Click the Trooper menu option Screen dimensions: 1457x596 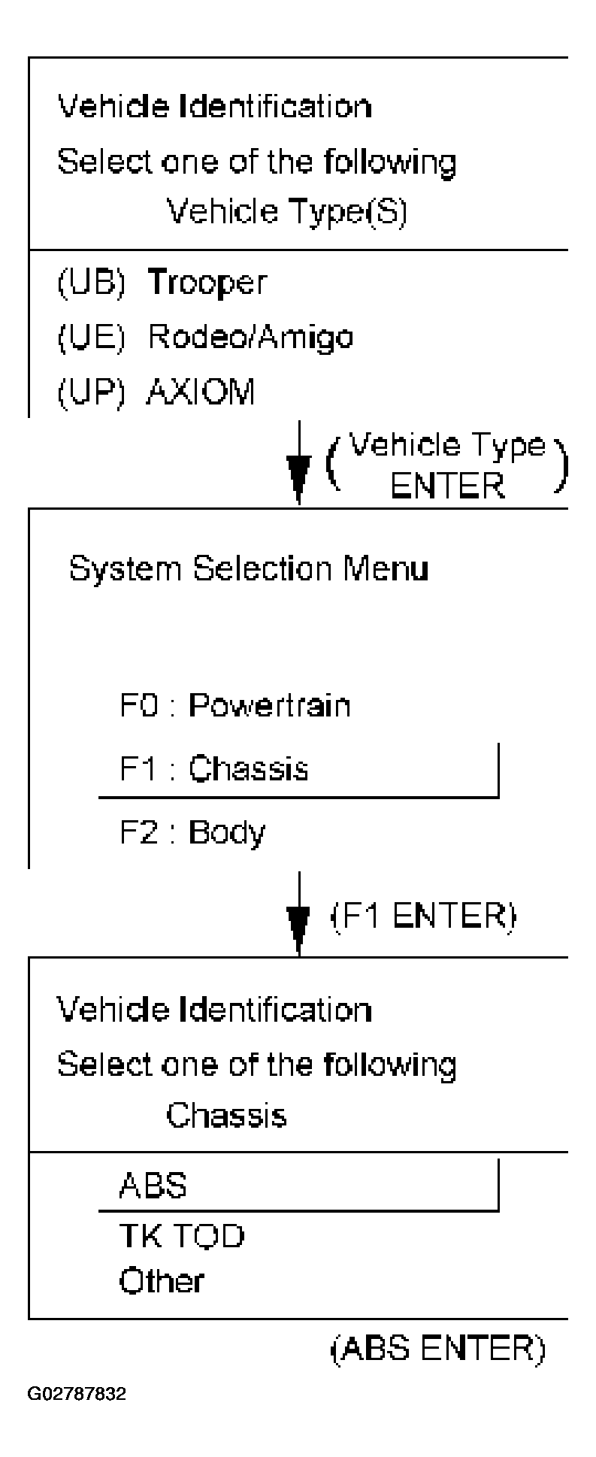click(x=207, y=283)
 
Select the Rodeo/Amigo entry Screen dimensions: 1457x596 click(x=250, y=338)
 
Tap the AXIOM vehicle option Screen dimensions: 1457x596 click(x=201, y=392)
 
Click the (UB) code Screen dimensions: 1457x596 click(x=91, y=283)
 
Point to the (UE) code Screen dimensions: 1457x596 click(x=91, y=338)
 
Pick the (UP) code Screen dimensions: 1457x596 click(x=91, y=392)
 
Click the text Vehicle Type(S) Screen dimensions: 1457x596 click(x=286, y=213)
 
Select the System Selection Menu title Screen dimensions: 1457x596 click(x=248, y=569)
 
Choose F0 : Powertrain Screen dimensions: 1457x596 click(x=235, y=706)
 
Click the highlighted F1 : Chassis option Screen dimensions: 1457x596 click(x=214, y=769)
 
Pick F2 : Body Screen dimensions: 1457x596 click(x=192, y=832)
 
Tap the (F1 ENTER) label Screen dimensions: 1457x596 click(x=423, y=916)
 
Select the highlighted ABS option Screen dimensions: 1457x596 click(x=153, y=1186)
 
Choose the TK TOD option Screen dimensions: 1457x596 click(x=181, y=1236)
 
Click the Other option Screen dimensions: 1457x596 click(x=161, y=1282)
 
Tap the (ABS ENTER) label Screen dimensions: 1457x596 click(x=437, y=1350)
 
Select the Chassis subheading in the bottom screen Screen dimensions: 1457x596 click(x=226, y=1115)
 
